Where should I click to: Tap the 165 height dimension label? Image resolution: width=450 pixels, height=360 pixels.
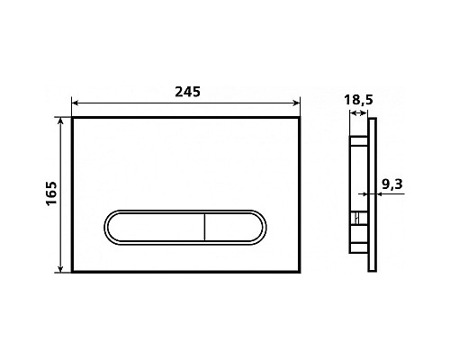point(50,193)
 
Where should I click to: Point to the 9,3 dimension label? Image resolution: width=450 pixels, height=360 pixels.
point(391,185)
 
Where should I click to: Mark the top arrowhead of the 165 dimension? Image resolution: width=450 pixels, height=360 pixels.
point(61,119)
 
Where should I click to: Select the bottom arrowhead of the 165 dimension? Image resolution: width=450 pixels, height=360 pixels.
point(61,269)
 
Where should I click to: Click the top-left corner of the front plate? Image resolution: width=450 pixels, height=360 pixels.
point(71,117)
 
